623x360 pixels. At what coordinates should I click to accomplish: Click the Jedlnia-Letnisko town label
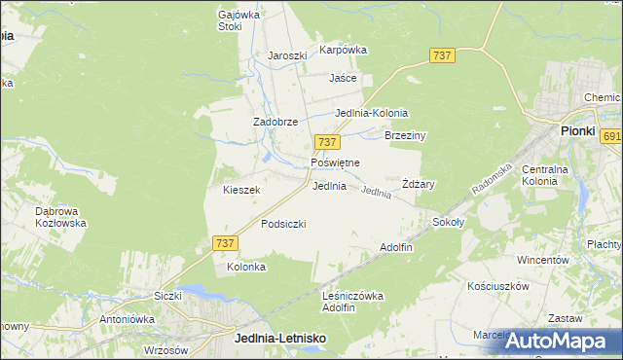coord(280,338)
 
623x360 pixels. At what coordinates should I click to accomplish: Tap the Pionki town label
coord(577,130)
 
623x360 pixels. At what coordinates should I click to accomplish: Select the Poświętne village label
coord(335,162)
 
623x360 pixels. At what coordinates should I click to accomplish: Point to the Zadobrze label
coord(275,122)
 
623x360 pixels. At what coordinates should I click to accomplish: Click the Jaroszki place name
coord(287,55)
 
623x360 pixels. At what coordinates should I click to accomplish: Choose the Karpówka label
coord(343,49)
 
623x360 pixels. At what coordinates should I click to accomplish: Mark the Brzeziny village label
coord(406,136)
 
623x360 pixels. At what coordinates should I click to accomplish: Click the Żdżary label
coord(418,184)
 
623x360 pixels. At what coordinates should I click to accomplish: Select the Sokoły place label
coord(449,222)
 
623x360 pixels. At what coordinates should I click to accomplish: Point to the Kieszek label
coord(241,190)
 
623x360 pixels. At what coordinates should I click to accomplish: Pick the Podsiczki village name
coord(283,224)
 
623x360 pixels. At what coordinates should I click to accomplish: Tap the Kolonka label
coord(246,267)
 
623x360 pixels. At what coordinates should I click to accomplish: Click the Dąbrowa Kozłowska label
coord(60,216)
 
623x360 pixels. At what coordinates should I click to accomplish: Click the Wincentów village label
coord(542,261)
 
